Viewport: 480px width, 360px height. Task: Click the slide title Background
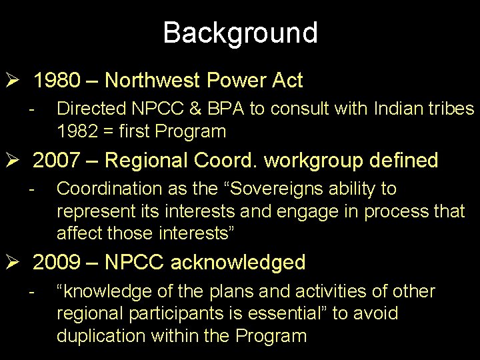(x=240, y=33)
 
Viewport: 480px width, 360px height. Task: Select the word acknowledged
(x=238, y=263)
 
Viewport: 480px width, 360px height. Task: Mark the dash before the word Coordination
(x=31, y=189)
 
